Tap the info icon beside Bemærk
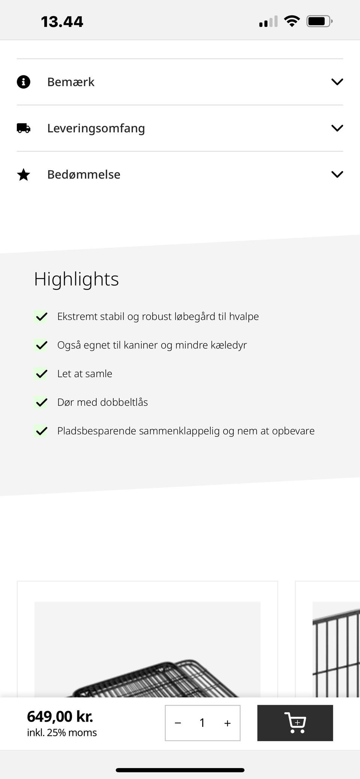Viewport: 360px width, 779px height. tap(23, 82)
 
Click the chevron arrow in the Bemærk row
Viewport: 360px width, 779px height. tap(337, 82)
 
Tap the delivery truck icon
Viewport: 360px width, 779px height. tap(24, 128)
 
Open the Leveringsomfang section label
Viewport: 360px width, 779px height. tap(96, 128)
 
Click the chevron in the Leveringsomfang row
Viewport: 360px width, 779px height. tap(337, 128)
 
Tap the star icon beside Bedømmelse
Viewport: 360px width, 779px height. tap(24, 174)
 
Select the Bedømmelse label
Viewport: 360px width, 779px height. tap(84, 174)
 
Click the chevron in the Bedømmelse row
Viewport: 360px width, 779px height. tap(337, 174)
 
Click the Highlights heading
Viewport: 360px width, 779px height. tap(76, 279)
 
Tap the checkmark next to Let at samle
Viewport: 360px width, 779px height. tap(41, 374)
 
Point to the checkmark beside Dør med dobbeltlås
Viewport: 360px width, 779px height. tap(41, 402)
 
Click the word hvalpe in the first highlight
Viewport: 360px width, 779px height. tap(244, 317)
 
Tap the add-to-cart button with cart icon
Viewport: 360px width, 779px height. tap(295, 723)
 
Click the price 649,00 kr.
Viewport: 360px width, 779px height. tap(60, 716)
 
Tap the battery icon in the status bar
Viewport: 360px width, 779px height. tap(319, 21)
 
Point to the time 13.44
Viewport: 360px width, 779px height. tap(62, 22)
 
